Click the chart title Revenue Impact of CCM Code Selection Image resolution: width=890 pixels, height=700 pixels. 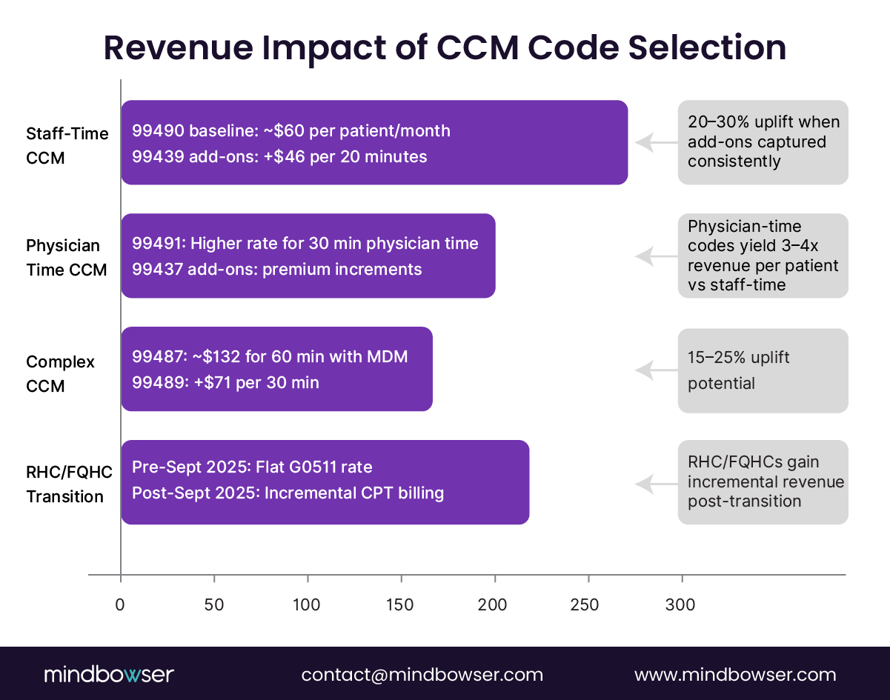[x=445, y=48]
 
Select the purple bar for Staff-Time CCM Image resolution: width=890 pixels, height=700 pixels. [x=374, y=142]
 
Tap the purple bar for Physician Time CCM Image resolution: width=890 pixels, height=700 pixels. [x=308, y=256]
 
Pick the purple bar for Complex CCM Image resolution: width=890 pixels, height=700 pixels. [x=276, y=369]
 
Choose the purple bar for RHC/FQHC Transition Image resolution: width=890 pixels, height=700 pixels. [x=325, y=482]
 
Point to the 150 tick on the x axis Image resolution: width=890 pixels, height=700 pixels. [x=401, y=575]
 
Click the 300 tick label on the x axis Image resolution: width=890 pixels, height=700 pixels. [x=680, y=604]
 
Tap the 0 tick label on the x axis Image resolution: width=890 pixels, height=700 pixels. [x=120, y=604]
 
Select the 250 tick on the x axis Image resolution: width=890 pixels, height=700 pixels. [x=588, y=575]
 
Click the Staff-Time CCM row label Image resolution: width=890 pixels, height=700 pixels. [x=67, y=145]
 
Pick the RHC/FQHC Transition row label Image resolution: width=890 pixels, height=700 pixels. [x=65, y=485]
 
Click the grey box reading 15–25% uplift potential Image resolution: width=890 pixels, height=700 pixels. [x=763, y=370]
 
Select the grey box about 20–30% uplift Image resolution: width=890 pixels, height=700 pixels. [x=763, y=141]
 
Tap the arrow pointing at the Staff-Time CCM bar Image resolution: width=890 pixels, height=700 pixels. [x=657, y=142]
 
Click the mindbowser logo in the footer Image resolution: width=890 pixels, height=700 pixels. [x=108, y=675]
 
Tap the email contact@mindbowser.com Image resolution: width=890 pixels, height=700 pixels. [x=422, y=675]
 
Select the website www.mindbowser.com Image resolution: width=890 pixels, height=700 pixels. [x=735, y=675]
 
